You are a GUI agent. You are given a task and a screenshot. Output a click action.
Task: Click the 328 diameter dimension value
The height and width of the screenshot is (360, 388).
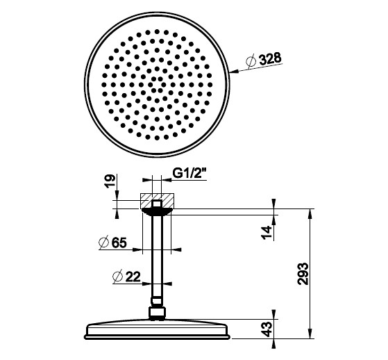pos(270,58)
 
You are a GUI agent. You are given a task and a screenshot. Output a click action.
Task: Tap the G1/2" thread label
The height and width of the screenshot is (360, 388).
pos(189,173)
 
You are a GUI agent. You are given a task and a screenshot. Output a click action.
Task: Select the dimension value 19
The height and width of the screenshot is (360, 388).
pos(110,181)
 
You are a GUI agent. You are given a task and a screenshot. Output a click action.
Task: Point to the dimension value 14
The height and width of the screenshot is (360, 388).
pos(267,232)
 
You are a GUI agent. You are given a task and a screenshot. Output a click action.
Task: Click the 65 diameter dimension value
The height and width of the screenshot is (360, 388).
pos(119,243)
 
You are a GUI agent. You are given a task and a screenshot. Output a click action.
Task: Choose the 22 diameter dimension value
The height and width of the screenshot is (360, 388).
pos(133,277)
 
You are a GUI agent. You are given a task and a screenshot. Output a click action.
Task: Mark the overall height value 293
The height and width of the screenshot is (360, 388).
pos(303,274)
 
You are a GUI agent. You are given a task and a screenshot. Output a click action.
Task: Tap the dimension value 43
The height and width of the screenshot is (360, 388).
pos(267,329)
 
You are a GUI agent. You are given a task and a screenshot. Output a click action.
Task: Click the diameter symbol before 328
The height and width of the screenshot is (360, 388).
pos(251,61)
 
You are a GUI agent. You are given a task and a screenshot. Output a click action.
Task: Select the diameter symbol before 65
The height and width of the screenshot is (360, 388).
pos(104,243)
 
